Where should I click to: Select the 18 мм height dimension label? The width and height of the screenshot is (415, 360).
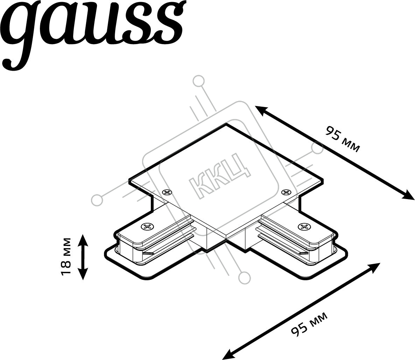point(66,256)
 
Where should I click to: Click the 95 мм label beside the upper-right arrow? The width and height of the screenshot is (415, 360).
point(343,140)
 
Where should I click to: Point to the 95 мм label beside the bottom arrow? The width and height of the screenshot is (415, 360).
point(309,324)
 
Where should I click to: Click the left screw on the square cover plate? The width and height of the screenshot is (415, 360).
point(167,192)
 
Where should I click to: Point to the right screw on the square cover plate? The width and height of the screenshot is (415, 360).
point(286,192)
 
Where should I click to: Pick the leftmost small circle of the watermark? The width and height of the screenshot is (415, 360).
point(97,200)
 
